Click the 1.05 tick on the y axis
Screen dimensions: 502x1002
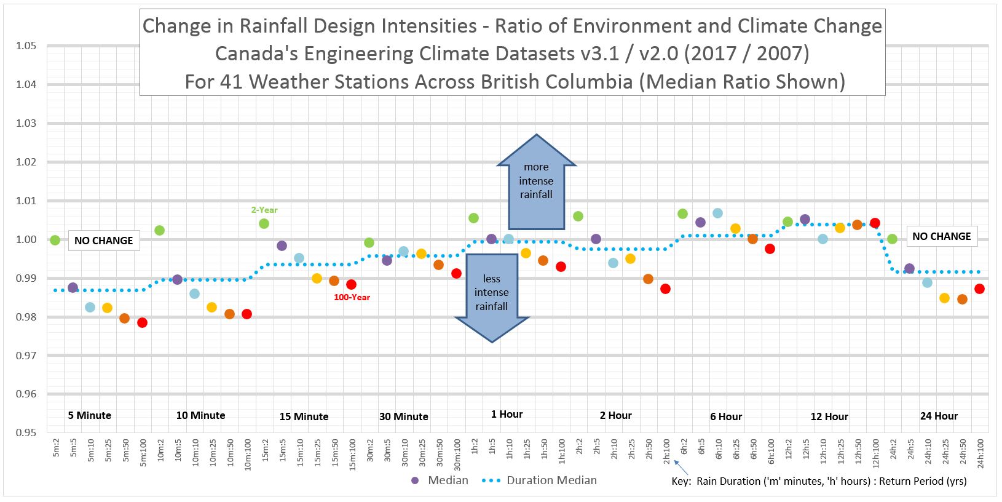tap(27, 46)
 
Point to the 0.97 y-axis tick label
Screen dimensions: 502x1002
tap(27, 356)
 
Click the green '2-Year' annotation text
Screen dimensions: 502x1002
tap(264, 210)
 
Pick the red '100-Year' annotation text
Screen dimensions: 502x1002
tap(352, 297)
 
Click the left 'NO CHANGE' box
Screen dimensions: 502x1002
tap(103, 241)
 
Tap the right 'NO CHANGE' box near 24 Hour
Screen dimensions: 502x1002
tap(941, 236)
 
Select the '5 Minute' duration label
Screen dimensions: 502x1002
tap(90, 415)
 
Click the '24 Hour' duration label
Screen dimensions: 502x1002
tap(939, 416)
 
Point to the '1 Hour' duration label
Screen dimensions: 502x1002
tap(507, 414)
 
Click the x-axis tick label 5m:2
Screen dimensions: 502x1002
tap(56, 448)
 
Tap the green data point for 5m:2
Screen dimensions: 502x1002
tap(55, 240)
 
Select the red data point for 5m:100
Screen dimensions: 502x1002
tap(142, 322)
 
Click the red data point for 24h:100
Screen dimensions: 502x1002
tap(979, 289)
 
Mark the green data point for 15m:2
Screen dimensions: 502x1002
tap(264, 223)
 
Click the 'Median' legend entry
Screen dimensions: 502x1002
tap(439, 480)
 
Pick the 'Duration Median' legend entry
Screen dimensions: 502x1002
tap(543, 480)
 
